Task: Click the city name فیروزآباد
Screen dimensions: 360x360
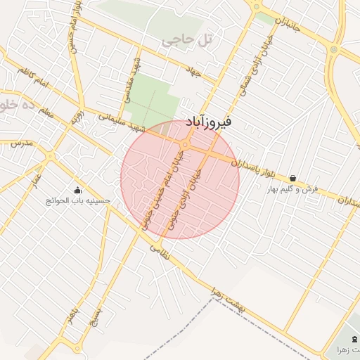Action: pyautogui.click(x=211, y=122)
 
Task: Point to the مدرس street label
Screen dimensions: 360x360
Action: pyautogui.click(x=22, y=143)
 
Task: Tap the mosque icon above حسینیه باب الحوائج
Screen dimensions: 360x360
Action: pyautogui.click(x=77, y=190)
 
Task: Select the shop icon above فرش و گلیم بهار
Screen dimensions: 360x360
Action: pyautogui.click(x=292, y=179)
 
